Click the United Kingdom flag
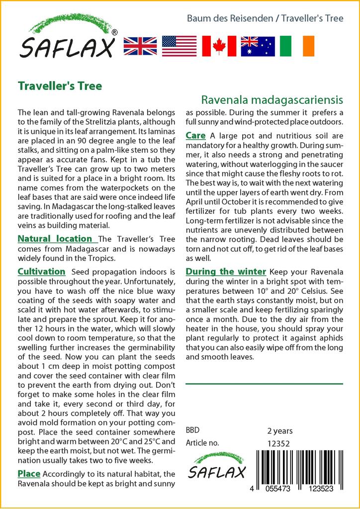pos(140,46)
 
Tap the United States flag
pos(179,46)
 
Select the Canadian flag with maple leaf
pos(219,46)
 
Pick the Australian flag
pos(258,46)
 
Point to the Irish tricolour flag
pos(297,46)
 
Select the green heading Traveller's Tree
pos(60,86)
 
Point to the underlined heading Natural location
pos(55,239)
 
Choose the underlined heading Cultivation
pos(41,271)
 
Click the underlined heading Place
pos(29,473)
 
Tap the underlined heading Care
pos(195,135)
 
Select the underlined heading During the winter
pos(226,271)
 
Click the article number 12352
pos(278,443)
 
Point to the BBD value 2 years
pos(280,430)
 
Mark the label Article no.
pos(202,443)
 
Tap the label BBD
pos(192,430)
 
